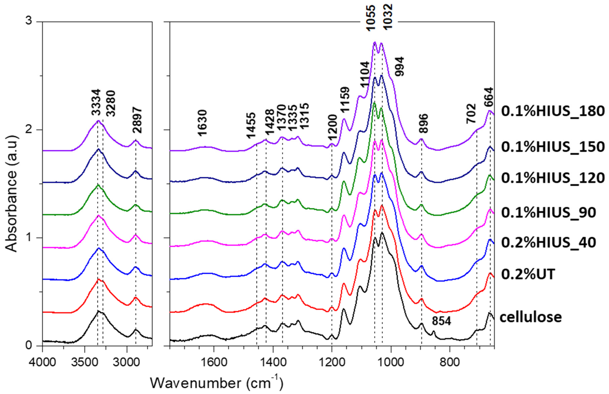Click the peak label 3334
96,103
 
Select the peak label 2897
137,120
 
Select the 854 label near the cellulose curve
442,321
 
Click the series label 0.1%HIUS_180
553,111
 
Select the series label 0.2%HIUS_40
548,243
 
